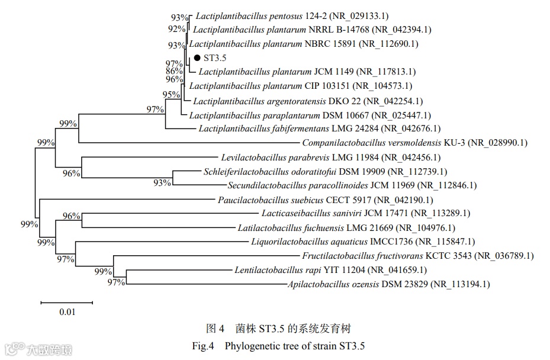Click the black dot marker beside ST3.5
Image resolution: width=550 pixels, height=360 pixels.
pyautogui.click(x=197, y=58)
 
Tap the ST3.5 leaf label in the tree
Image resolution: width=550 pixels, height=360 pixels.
pyautogui.click(x=216, y=58)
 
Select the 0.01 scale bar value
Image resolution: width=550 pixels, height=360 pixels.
pyautogui.click(x=67, y=312)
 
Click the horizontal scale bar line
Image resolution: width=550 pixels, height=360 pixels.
pyautogui.click(x=67, y=303)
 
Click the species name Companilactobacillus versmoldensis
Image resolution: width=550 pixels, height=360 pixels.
pyautogui.click(x=371, y=143)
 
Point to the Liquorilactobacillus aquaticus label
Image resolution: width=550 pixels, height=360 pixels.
pyautogui.click(x=310, y=242)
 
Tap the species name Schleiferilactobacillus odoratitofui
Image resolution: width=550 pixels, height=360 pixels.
pyautogui.click(x=278, y=172)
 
